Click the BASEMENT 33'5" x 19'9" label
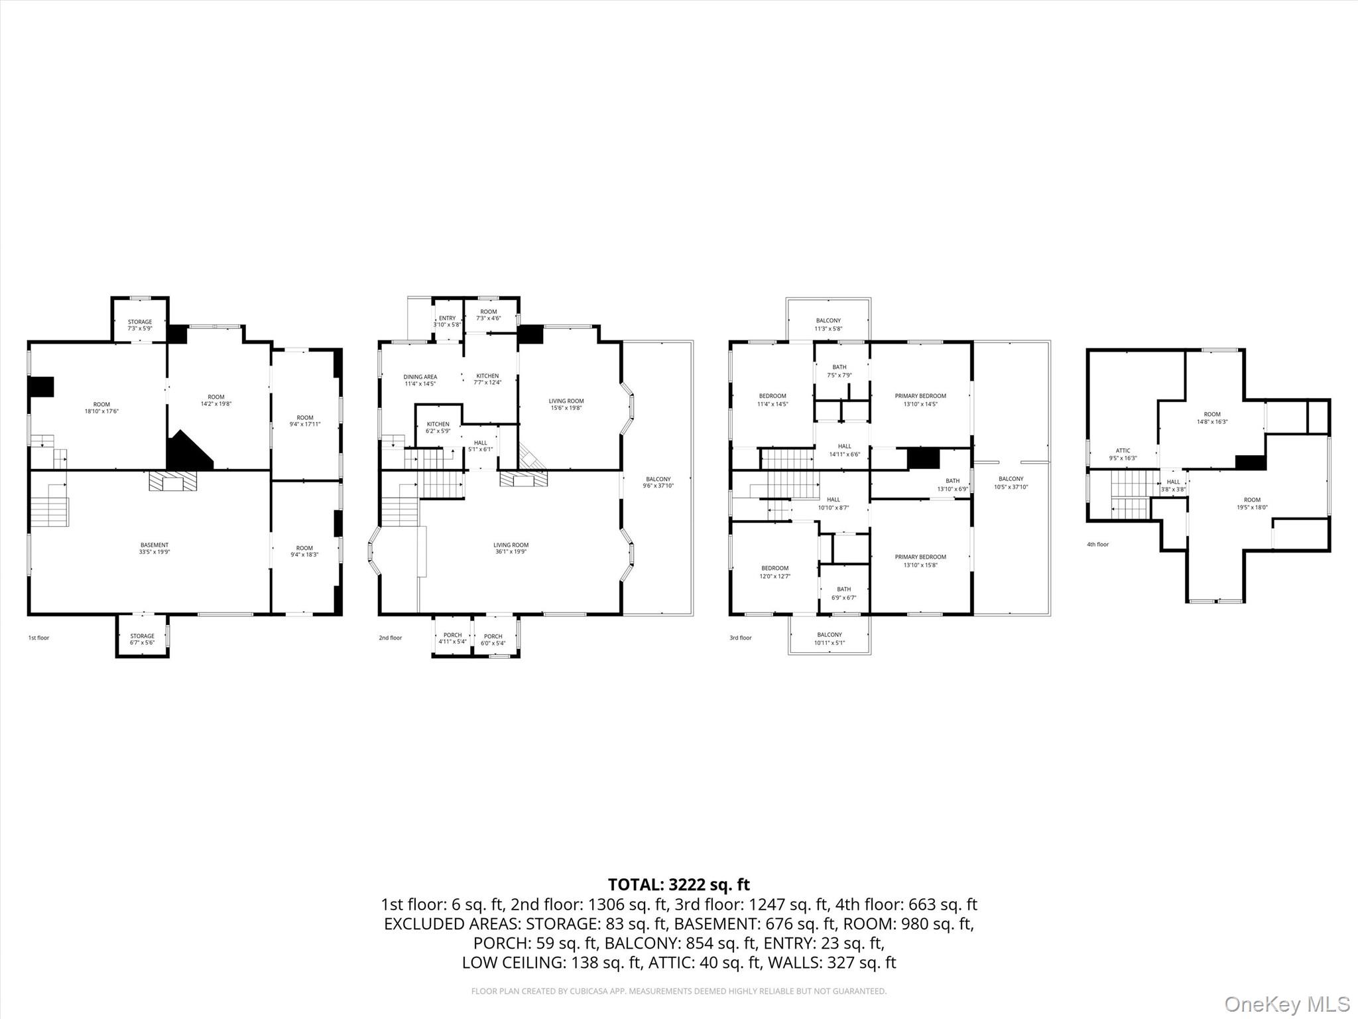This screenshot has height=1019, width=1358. click(x=154, y=549)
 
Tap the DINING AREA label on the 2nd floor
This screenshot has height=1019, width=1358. click(x=420, y=380)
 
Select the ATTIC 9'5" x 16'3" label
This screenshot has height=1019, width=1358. click(x=1123, y=454)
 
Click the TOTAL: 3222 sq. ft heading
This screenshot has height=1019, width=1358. click(x=678, y=884)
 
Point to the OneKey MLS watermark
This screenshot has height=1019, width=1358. click(x=1287, y=1004)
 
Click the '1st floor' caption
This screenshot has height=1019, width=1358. click(x=38, y=638)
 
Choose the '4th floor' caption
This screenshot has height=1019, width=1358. click(x=1097, y=545)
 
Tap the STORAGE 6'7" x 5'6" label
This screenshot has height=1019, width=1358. click(x=142, y=640)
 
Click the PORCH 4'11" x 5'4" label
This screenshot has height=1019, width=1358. click(x=452, y=639)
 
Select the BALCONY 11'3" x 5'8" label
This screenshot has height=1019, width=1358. click(x=828, y=324)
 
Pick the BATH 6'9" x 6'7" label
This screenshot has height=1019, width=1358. click(x=843, y=593)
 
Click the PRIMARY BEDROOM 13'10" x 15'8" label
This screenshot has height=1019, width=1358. click(x=920, y=561)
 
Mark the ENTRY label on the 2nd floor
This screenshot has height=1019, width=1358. click(x=447, y=321)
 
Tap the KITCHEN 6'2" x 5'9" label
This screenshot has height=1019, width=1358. click(x=438, y=427)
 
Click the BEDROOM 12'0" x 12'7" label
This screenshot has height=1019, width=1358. click(x=774, y=572)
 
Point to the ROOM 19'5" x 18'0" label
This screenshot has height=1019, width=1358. click(x=1252, y=504)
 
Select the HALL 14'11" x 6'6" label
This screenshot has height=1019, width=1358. click(x=844, y=450)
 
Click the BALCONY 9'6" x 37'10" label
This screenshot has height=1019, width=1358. click(x=658, y=482)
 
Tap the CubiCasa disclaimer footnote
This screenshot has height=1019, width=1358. click(x=678, y=991)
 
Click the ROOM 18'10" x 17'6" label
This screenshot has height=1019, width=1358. click(x=101, y=408)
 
